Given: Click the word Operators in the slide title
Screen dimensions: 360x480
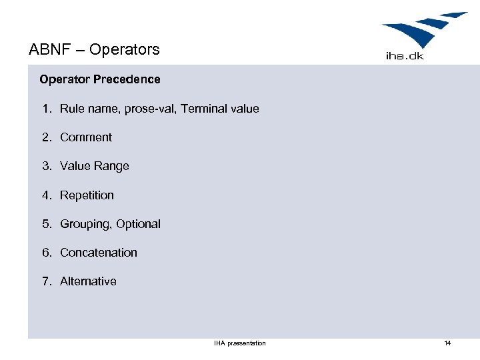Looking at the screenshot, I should [x=125, y=49].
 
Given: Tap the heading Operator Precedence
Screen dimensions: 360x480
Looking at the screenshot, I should [x=100, y=79].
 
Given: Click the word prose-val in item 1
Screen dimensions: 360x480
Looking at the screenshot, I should [x=145, y=109].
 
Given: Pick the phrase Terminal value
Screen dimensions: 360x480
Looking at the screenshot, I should [x=218, y=109].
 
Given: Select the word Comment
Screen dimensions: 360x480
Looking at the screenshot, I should [x=86, y=137].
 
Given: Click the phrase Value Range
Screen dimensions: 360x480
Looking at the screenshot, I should [x=95, y=166].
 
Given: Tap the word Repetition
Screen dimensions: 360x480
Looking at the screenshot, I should [x=87, y=195].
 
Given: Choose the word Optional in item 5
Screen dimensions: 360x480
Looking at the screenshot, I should [x=138, y=224].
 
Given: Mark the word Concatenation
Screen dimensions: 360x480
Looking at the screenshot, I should [x=99, y=253].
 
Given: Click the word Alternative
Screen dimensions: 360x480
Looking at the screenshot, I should [x=88, y=281].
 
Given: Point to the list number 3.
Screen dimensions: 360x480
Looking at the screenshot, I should [x=46, y=166].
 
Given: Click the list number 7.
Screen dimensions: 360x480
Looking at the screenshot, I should [x=46, y=281].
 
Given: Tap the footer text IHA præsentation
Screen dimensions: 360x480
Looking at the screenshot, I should [x=240, y=343].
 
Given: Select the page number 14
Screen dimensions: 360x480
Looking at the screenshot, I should [x=447, y=343].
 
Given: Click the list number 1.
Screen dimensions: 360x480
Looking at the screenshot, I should [x=46, y=109].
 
